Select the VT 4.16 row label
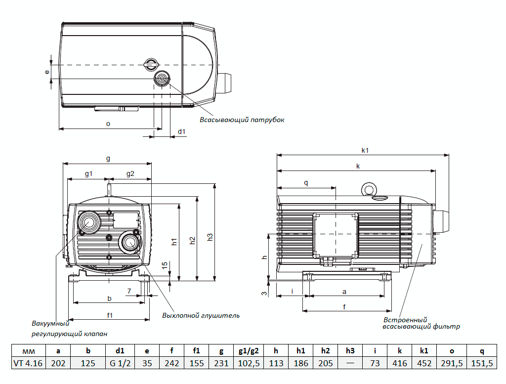point(28,363)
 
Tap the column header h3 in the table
point(350,351)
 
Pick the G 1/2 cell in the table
point(120,363)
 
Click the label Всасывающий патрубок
point(242,120)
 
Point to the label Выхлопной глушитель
point(201,315)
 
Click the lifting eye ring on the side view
point(367,188)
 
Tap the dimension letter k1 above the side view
point(365,150)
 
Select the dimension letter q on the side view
point(306,182)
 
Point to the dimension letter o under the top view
point(108,124)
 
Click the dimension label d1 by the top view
point(181,131)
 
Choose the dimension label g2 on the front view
point(130,173)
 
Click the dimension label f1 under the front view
point(110,315)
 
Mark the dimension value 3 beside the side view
point(264,294)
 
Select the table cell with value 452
point(424,363)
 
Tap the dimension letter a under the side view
point(344,292)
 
